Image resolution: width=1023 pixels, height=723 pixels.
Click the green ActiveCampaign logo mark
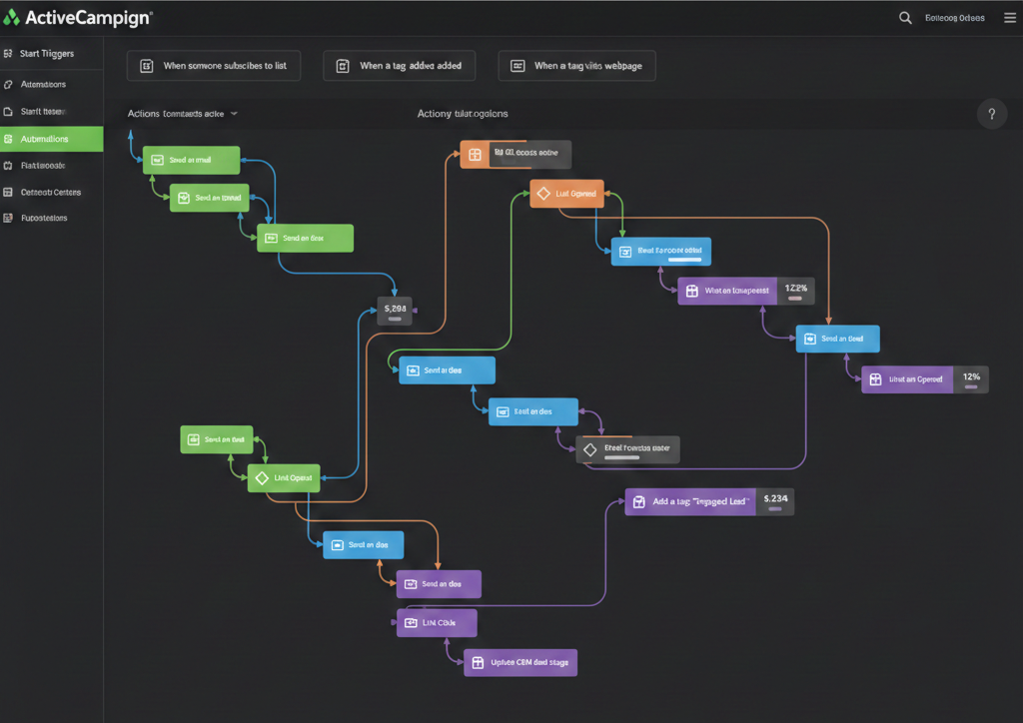click(12, 17)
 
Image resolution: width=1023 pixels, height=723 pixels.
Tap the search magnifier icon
click(905, 17)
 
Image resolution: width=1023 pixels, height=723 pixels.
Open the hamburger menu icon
click(1009, 17)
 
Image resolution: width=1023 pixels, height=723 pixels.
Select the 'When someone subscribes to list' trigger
click(214, 66)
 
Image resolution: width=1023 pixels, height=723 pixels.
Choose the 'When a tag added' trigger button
click(399, 66)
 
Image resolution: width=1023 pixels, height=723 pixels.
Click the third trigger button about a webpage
click(576, 66)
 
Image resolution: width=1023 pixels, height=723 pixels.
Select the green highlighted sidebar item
click(51, 139)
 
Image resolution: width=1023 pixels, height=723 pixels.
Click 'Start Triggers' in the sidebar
click(46, 53)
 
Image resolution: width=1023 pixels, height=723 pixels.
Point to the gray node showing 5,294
click(395, 311)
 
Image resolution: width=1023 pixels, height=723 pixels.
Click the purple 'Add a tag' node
click(690, 502)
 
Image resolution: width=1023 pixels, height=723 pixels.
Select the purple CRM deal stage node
click(520, 662)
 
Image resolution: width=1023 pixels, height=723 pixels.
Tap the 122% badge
click(795, 291)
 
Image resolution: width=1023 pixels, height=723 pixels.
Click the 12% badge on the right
click(971, 378)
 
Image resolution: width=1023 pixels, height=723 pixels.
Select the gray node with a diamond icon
click(627, 449)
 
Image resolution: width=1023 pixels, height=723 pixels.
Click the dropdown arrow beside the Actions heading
click(234, 114)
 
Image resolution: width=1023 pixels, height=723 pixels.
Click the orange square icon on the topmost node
click(475, 154)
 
